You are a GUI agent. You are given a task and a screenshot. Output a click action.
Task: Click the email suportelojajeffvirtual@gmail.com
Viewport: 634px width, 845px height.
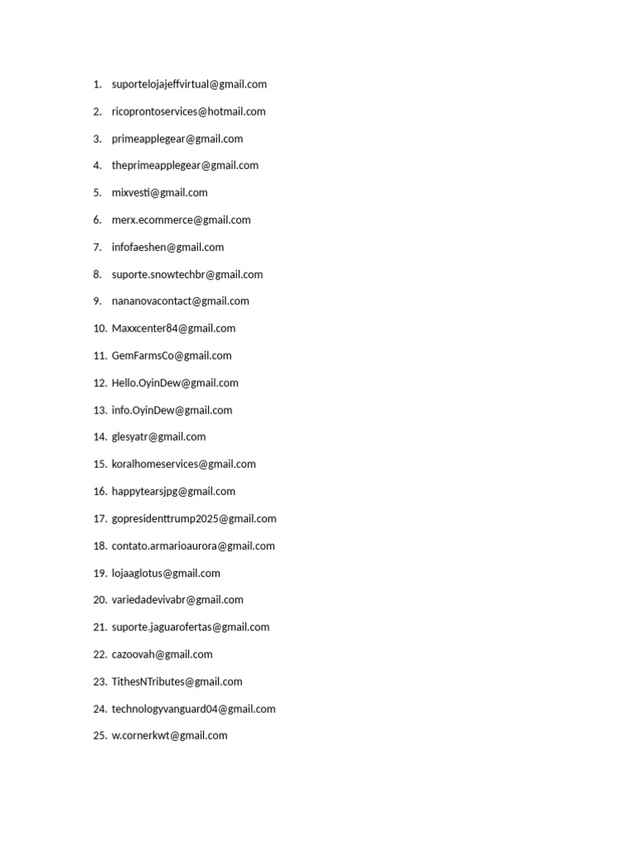(x=189, y=84)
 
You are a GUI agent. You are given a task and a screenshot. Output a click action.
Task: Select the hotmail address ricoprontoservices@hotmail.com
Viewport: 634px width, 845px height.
(x=188, y=111)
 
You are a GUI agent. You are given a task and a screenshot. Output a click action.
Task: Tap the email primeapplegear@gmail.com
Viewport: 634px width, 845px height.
(x=177, y=139)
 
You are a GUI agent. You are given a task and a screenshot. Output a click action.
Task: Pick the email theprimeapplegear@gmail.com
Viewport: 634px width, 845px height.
(x=185, y=165)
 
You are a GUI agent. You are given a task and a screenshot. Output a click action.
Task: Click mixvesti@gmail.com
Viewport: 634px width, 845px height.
(x=159, y=192)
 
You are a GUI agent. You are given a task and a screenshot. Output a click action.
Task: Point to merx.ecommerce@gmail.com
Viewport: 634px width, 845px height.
(x=181, y=220)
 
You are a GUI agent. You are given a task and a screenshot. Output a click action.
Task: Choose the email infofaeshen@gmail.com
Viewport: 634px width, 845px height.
(x=168, y=247)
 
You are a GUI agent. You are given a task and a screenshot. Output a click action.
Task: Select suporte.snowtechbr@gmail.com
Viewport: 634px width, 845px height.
(x=187, y=274)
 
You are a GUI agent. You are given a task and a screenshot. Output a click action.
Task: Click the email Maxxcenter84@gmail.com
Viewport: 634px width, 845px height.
(x=173, y=328)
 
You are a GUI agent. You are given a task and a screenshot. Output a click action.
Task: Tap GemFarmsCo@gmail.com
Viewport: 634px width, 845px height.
(x=172, y=356)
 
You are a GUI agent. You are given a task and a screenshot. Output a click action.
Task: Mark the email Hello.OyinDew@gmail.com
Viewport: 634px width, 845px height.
(x=175, y=383)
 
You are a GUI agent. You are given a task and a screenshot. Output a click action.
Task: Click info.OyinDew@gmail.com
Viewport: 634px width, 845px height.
(x=172, y=410)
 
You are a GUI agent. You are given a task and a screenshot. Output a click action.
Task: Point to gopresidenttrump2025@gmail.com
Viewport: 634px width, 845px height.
(x=194, y=518)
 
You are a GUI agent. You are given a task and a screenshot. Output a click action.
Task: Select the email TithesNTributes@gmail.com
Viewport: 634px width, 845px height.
(x=177, y=682)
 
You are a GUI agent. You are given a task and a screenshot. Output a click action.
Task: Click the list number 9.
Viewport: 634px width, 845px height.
(x=97, y=301)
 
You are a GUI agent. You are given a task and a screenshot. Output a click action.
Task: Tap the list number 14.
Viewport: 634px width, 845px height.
(x=100, y=437)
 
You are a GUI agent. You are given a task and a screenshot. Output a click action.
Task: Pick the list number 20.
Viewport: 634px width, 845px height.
(x=100, y=600)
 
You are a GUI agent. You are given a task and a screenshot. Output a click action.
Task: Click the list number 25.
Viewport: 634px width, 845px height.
(x=100, y=735)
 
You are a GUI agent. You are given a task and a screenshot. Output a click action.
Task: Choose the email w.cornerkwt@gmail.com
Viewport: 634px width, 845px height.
(x=169, y=735)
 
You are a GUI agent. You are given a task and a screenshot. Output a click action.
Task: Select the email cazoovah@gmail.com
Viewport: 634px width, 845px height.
(x=162, y=654)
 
